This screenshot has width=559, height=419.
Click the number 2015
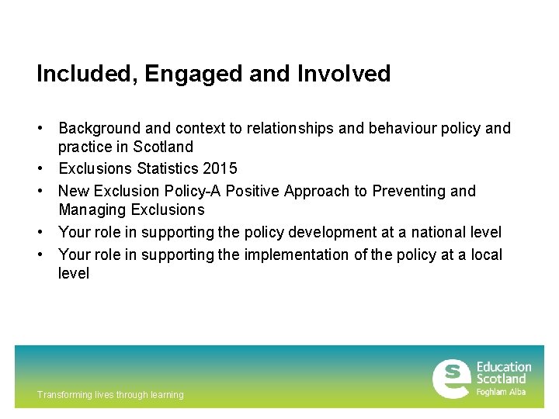coord(220,168)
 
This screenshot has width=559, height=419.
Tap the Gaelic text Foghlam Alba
coord(501,392)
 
